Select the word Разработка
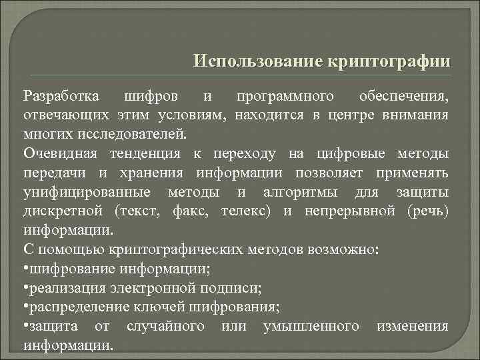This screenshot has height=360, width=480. (x=61, y=95)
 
